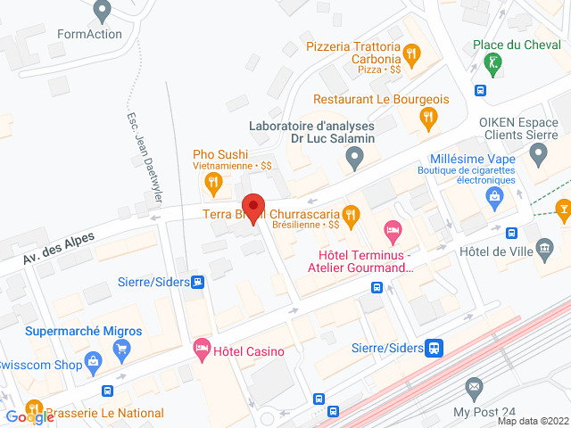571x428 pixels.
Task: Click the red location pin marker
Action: [x=253, y=208]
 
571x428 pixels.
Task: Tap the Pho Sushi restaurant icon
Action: [x=213, y=185]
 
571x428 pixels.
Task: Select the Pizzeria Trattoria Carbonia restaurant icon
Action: [x=411, y=54]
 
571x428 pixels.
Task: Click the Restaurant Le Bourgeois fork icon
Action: [x=429, y=116]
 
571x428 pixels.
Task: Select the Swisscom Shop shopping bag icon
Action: [x=93, y=362]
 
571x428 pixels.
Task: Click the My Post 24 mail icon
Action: [x=474, y=389]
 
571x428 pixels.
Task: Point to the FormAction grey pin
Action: [x=102, y=12]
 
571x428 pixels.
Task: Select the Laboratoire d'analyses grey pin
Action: [x=355, y=160]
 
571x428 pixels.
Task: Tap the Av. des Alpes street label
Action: [x=59, y=244]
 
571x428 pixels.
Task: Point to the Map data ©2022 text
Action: [x=532, y=421]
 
